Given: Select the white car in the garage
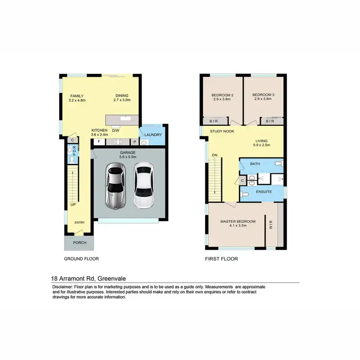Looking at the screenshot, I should click(143, 186).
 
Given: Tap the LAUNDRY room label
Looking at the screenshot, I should click(153, 135).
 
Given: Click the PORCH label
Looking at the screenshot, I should click(79, 242).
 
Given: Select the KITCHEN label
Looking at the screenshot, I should click(100, 131).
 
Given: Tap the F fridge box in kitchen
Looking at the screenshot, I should click(99, 142).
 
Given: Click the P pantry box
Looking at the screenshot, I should click(134, 142).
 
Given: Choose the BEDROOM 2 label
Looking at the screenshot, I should click(222, 95).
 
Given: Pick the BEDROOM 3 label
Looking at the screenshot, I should click(263, 95).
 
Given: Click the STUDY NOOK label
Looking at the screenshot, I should click(221, 131).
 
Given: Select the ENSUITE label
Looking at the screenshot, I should click(264, 192).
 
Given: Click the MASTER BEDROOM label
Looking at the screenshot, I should click(238, 221).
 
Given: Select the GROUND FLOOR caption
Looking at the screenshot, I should click(81, 259).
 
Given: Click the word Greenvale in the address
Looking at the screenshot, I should click(115, 278).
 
